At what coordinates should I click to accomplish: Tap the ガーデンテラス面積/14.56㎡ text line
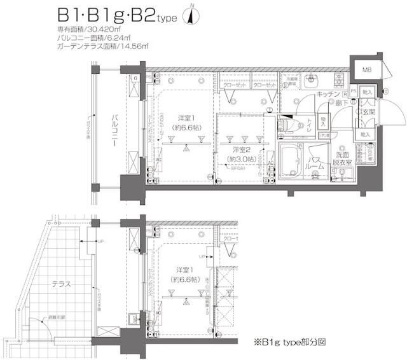tap(102, 46)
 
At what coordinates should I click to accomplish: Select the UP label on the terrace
tap(100, 242)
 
